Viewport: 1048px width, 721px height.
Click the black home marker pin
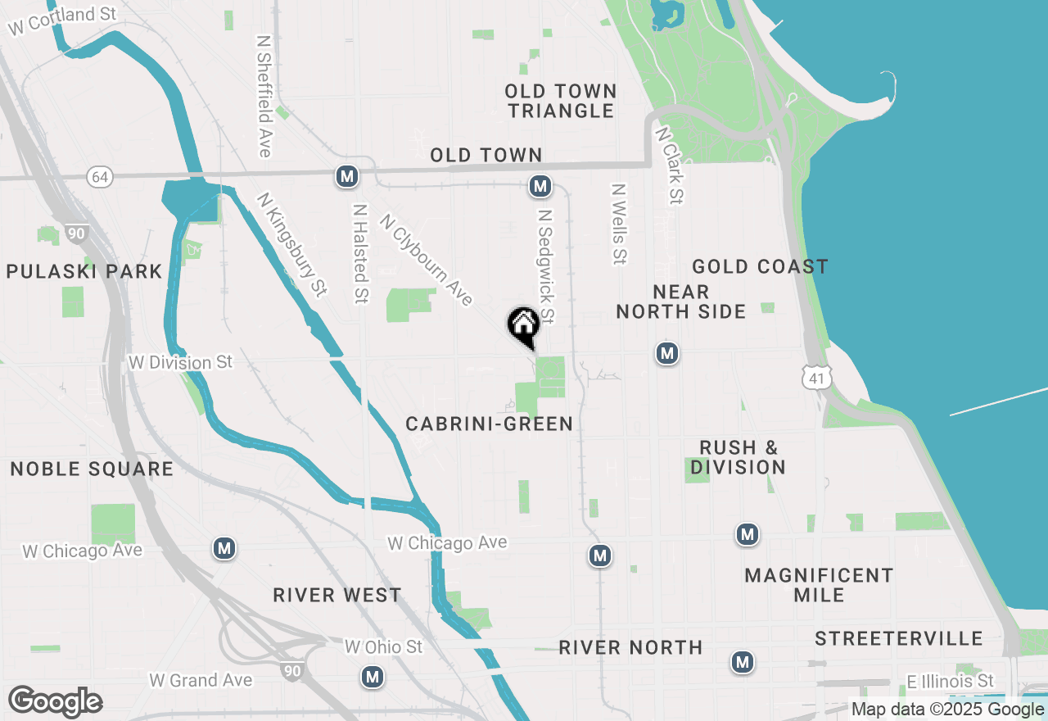(x=523, y=325)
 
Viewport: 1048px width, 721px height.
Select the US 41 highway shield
(x=818, y=377)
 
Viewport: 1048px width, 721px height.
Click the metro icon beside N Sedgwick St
(x=540, y=187)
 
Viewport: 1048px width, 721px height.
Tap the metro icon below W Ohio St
(x=373, y=677)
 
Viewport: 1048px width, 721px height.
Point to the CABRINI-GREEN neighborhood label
(x=489, y=424)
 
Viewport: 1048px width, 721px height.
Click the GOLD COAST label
(x=760, y=266)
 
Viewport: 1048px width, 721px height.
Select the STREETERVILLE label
(x=898, y=638)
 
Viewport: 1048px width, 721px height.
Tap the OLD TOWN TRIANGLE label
(x=561, y=101)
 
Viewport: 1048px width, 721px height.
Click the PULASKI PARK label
(x=84, y=271)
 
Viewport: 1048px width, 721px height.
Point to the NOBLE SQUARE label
(x=92, y=469)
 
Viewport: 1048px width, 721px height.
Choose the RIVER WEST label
(x=337, y=595)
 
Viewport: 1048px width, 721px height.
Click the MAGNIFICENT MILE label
(x=819, y=585)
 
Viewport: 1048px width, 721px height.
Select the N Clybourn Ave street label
(x=427, y=259)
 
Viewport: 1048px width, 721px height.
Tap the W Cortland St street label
(x=62, y=20)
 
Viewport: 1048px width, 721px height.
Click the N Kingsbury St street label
(x=291, y=244)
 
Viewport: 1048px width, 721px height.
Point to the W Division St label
(x=181, y=362)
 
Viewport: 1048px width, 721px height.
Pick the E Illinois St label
(x=951, y=681)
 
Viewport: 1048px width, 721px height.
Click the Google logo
(x=55, y=701)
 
